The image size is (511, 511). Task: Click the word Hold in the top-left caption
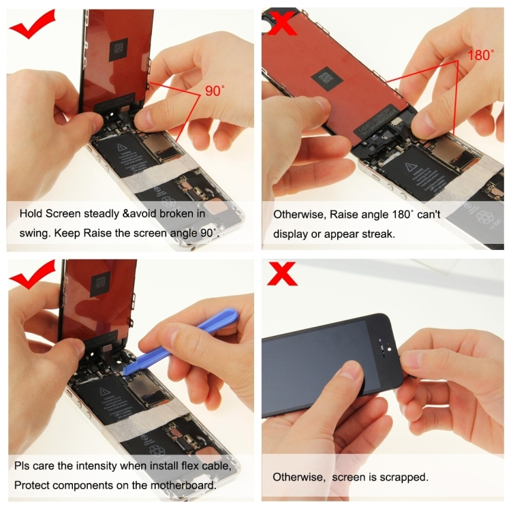(x=31, y=213)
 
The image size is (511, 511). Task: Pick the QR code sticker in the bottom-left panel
(x=100, y=281)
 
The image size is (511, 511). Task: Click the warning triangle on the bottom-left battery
(x=104, y=391)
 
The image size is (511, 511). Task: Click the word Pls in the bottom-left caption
(x=22, y=467)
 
